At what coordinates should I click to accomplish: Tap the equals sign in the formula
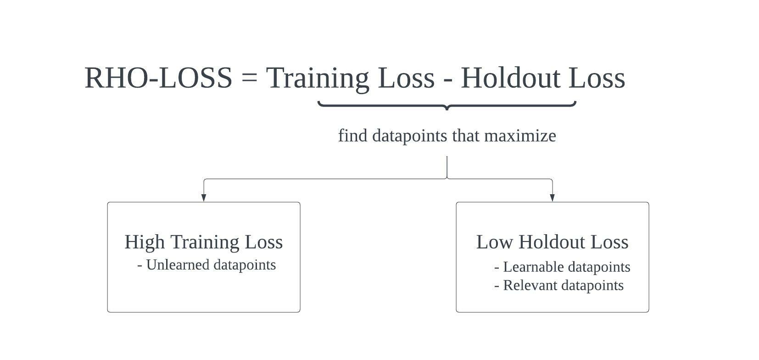[x=249, y=79]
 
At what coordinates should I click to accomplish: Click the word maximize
[x=520, y=135]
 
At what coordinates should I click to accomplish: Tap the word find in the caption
[x=353, y=135]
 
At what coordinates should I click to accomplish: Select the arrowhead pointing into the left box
[x=204, y=198]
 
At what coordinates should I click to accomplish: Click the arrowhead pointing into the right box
[x=553, y=198]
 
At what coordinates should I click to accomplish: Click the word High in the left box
[x=145, y=242]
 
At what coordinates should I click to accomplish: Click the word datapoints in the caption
[x=410, y=136]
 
